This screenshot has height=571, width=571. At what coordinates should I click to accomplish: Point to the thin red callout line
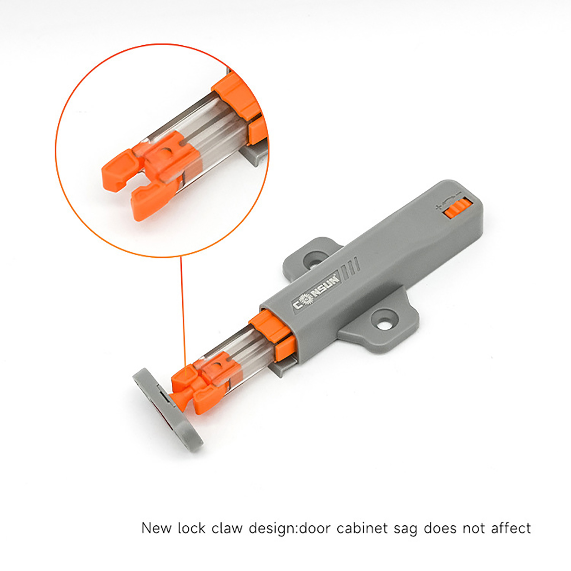181,313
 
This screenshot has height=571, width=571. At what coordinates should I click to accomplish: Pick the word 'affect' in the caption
511,528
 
